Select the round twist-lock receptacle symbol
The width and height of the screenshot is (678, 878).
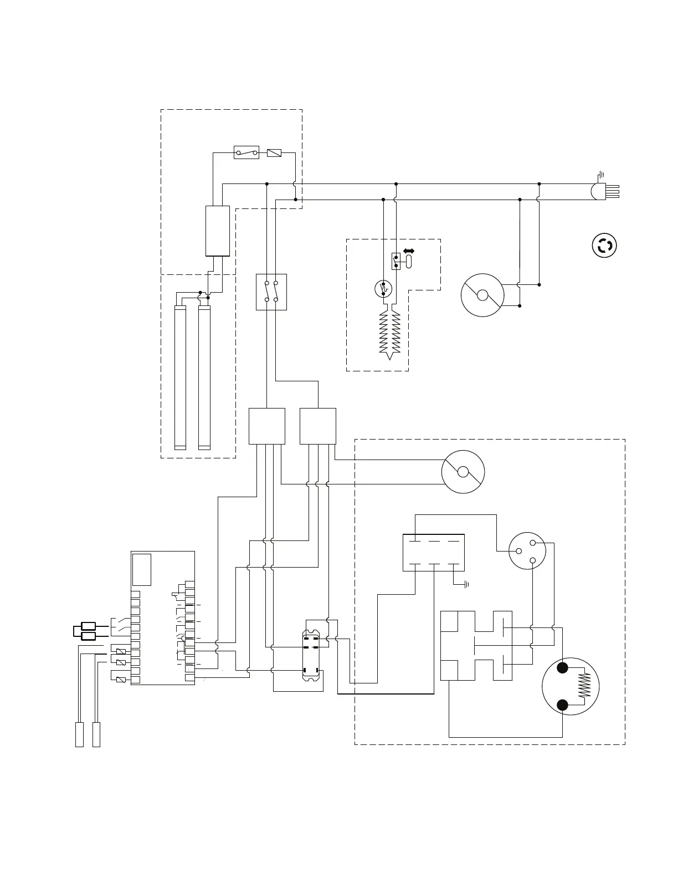(x=604, y=245)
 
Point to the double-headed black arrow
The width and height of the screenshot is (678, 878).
(x=409, y=251)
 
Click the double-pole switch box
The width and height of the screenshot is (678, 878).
(x=271, y=292)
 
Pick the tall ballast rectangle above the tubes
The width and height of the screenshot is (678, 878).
(x=218, y=231)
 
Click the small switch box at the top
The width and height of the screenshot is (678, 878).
(x=246, y=152)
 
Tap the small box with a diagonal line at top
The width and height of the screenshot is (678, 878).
(x=274, y=152)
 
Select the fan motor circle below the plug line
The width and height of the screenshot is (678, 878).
(x=482, y=295)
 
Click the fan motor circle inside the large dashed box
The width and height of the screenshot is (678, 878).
(x=463, y=472)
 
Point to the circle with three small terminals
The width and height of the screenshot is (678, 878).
(x=527, y=550)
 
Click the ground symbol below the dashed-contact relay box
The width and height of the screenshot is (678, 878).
(x=466, y=584)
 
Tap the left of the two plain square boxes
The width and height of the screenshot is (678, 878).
(x=266, y=426)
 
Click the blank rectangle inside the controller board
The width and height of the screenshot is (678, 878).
(x=142, y=569)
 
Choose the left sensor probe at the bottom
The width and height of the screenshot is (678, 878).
(x=79, y=734)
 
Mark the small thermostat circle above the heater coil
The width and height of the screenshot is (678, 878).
(x=383, y=289)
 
